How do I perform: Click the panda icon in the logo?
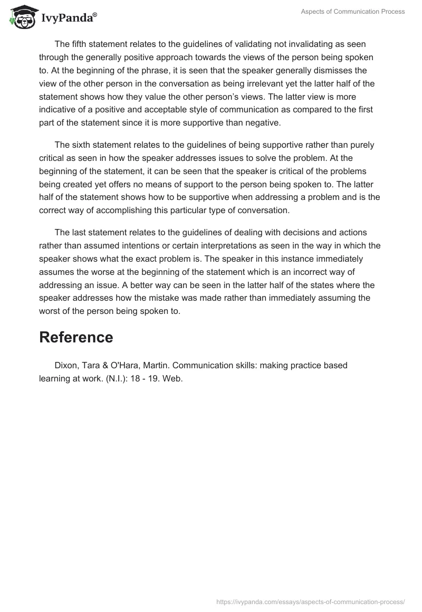coord(23,17)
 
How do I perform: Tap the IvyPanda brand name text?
coord(68,18)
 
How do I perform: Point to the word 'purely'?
coord(362,145)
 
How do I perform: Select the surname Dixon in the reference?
coord(66,366)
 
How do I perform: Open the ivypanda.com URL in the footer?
coord(311,602)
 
